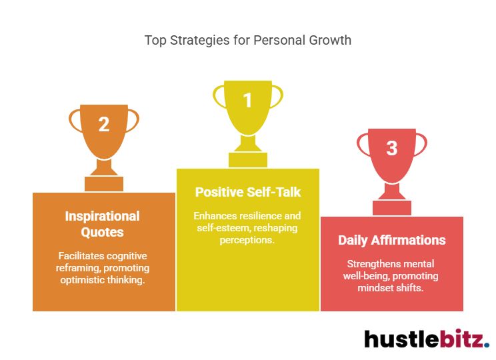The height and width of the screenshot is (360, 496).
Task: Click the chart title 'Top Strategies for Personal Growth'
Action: click(x=247, y=41)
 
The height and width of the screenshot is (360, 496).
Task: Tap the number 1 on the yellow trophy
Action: click(x=247, y=101)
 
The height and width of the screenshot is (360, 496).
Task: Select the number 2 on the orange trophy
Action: click(x=103, y=124)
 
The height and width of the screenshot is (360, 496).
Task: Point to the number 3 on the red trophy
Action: click(x=391, y=148)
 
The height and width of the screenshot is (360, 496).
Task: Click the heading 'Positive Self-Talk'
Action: click(x=247, y=192)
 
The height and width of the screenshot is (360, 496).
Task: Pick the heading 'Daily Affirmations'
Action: click(x=391, y=240)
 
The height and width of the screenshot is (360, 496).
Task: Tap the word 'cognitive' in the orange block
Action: click(x=125, y=256)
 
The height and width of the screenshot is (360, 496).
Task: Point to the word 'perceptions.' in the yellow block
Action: click(x=247, y=240)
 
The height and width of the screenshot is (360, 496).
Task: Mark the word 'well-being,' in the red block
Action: click(x=371, y=276)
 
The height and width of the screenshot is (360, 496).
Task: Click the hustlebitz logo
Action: click(x=427, y=338)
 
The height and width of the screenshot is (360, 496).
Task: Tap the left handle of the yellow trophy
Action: click(x=218, y=96)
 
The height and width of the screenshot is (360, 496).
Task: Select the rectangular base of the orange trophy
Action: click(x=103, y=183)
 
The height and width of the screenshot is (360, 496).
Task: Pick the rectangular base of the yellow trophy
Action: click(x=247, y=159)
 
